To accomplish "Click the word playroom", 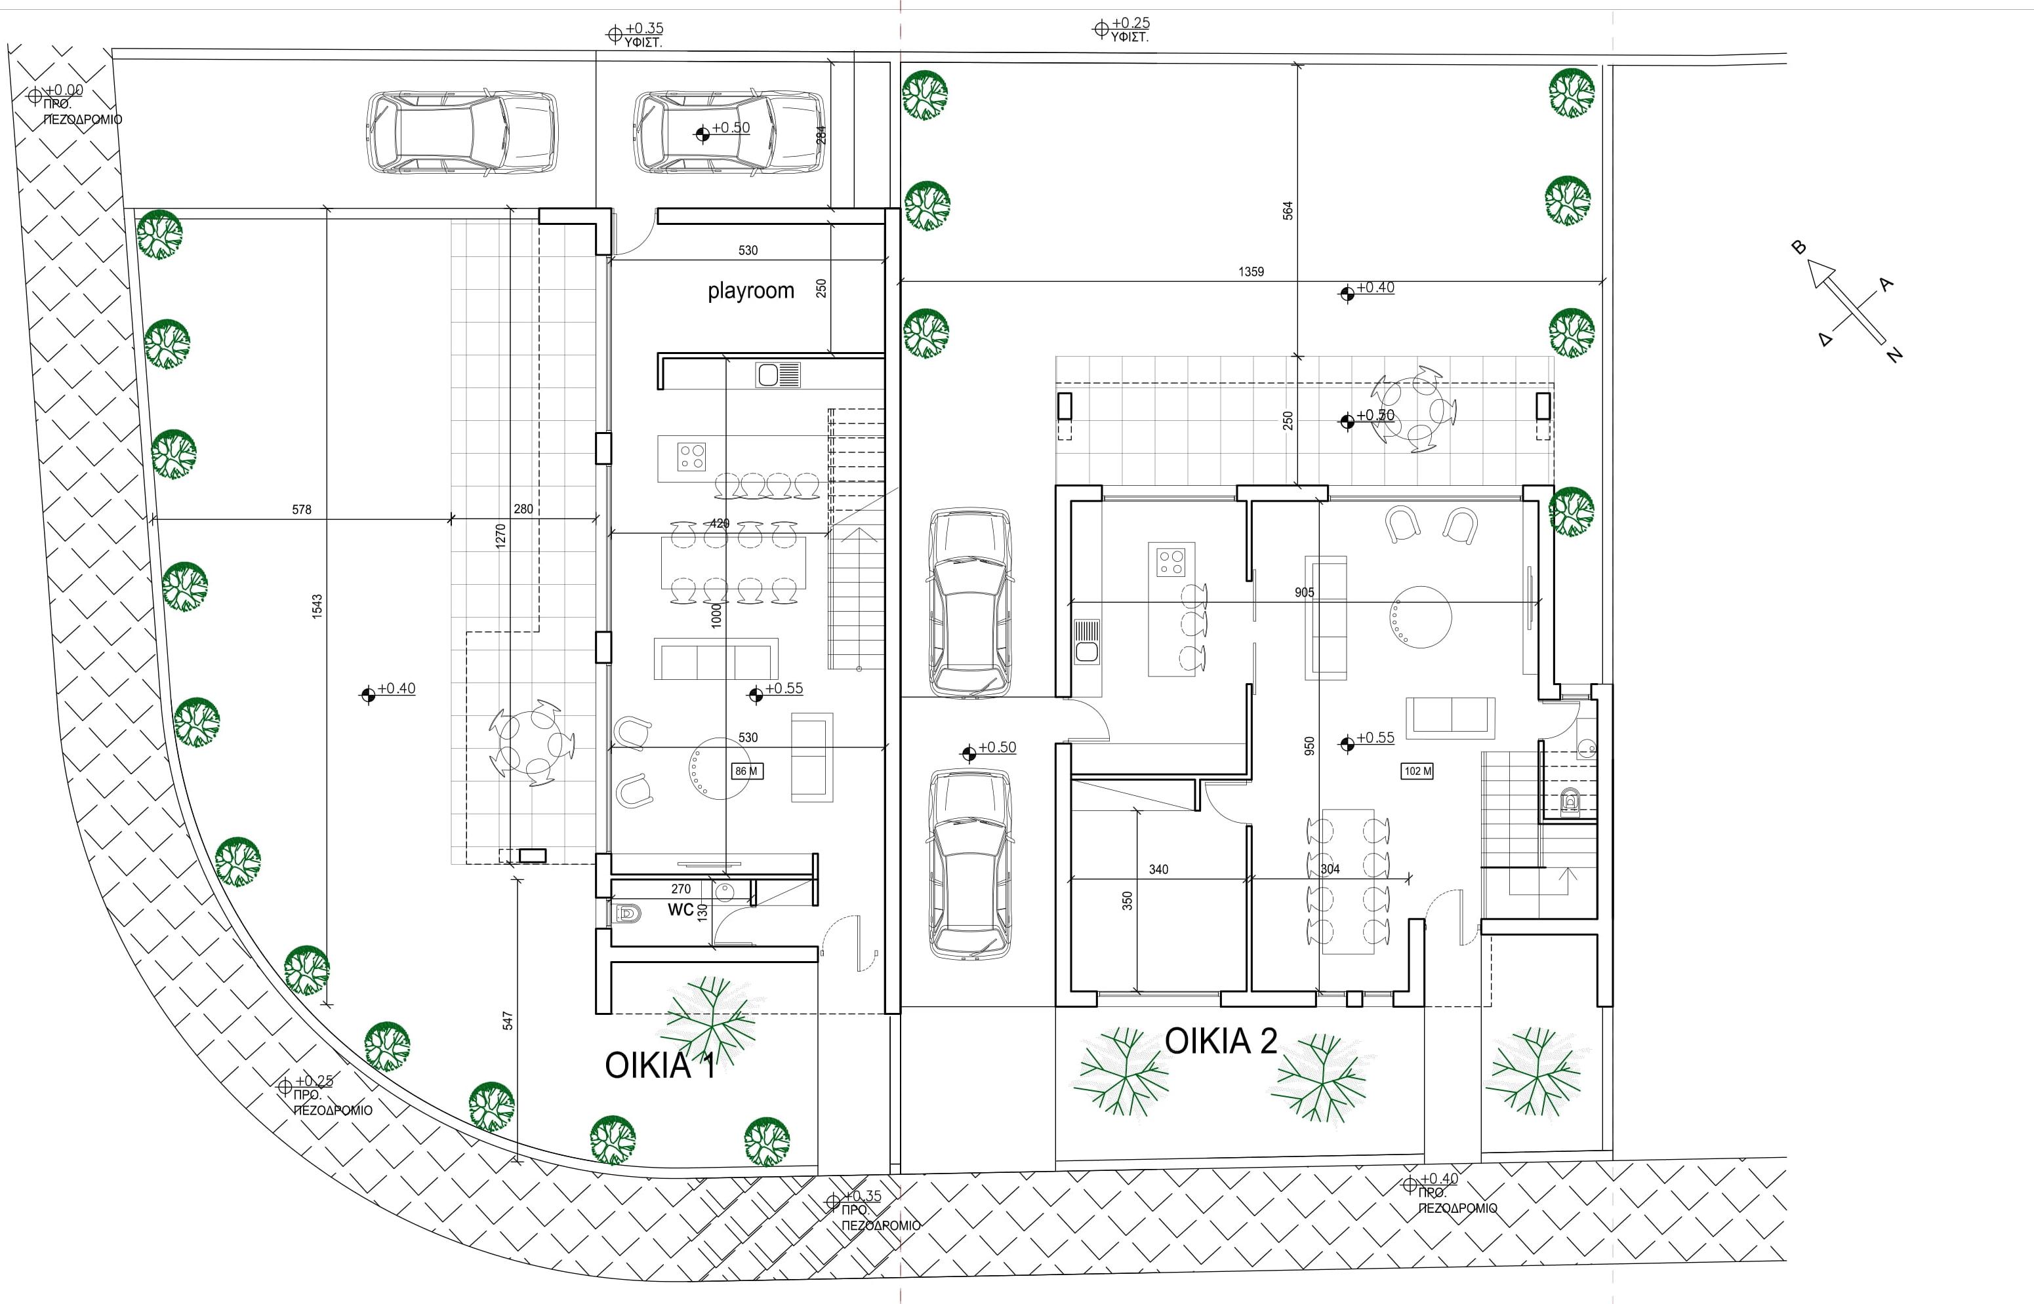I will click(750, 290).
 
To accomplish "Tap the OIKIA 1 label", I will click(660, 1065).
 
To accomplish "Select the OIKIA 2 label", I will click(1220, 1040).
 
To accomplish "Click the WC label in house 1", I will click(680, 910).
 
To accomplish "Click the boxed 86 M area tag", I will click(746, 772).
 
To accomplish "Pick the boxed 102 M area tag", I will click(1417, 772).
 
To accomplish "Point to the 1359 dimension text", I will click(1250, 272).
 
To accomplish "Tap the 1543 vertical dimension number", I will click(317, 605).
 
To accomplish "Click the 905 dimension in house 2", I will click(1304, 592).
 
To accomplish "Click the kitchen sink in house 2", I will click(1085, 641).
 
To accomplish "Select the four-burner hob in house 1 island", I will click(691, 457).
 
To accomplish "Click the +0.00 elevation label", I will click(64, 90).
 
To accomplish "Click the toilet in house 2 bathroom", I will click(1570, 799).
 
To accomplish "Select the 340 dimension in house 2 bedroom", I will click(1158, 869).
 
